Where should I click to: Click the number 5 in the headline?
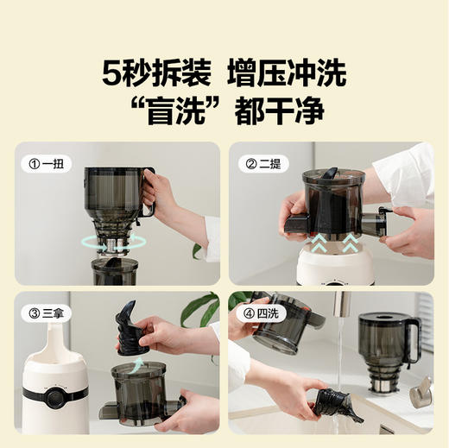[112, 73]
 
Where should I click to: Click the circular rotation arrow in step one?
[112, 243]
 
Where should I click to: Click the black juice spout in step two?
[295, 226]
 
